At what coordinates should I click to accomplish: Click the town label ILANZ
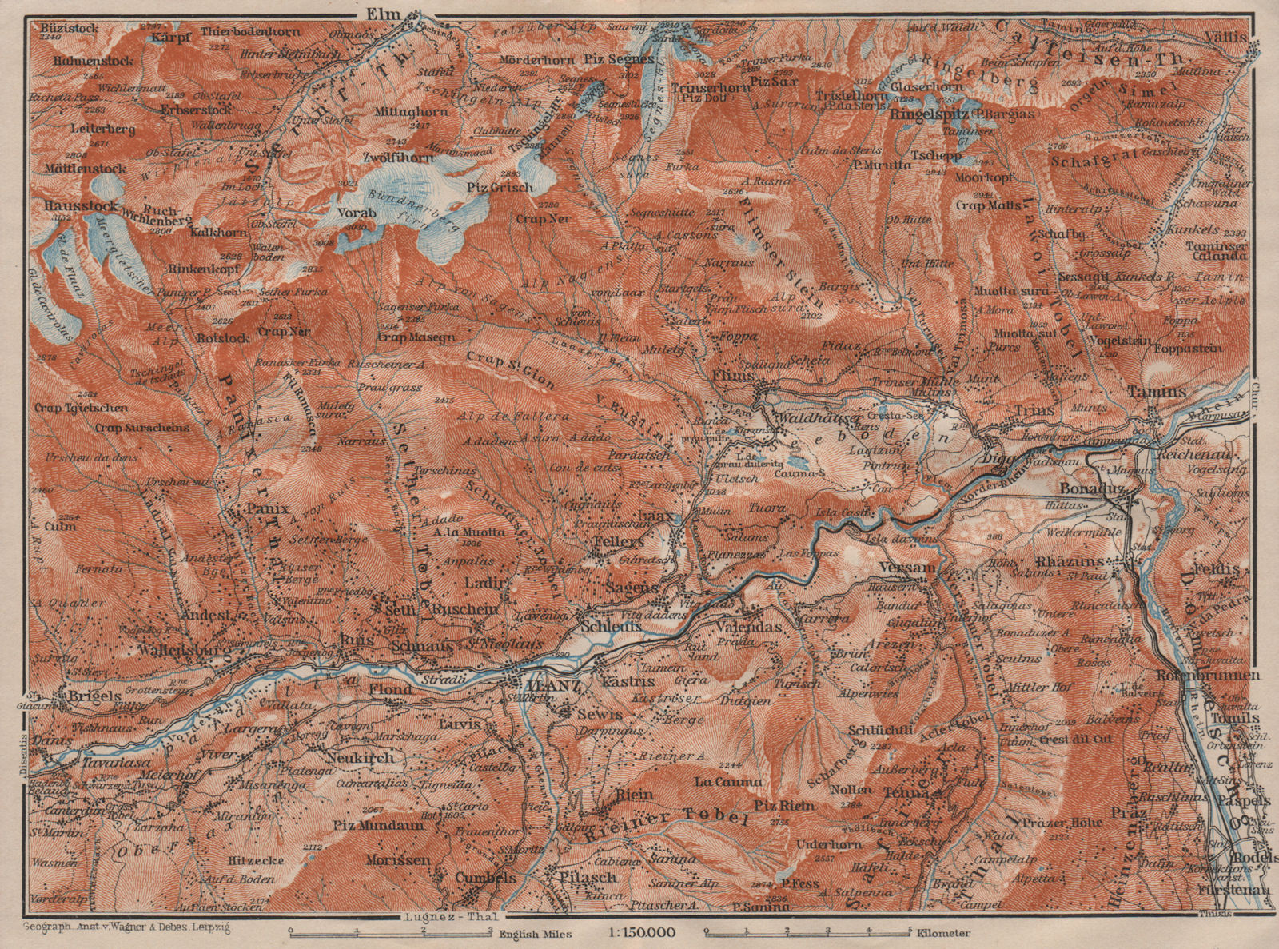point(544,686)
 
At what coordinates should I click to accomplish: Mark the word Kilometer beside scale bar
point(943,933)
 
